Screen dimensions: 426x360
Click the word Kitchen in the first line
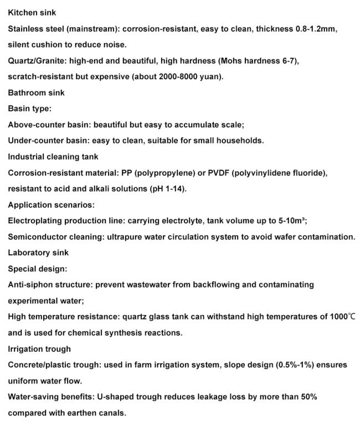[x=21, y=12]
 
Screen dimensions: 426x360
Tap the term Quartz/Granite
[x=34, y=60]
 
